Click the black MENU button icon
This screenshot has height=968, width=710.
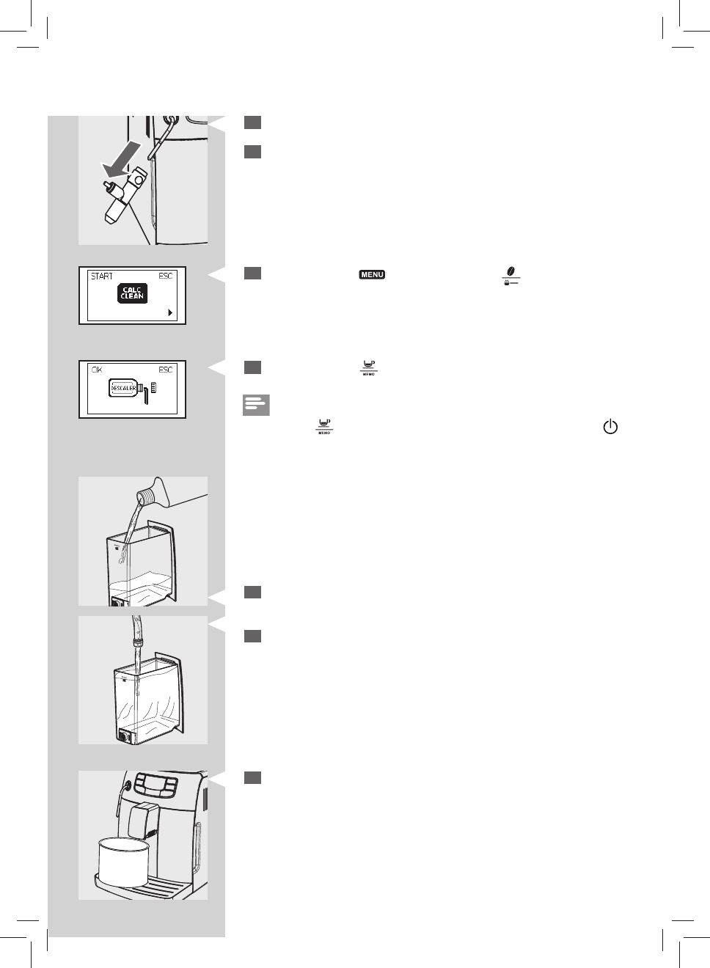(x=372, y=275)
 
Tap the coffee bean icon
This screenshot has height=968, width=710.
(x=510, y=271)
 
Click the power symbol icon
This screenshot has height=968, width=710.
(x=610, y=427)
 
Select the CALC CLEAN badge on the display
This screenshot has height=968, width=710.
(x=133, y=294)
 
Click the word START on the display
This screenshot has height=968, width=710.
(x=102, y=276)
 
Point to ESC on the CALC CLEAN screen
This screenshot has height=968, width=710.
(x=166, y=276)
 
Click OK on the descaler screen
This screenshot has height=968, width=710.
(x=97, y=370)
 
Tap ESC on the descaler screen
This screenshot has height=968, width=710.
(x=166, y=370)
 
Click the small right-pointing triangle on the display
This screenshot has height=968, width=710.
(x=170, y=312)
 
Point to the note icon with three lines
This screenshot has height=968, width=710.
(x=256, y=406)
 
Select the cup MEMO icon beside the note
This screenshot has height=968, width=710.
(x=323, y=426)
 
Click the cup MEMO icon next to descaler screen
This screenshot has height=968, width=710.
(x=368, y=367)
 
